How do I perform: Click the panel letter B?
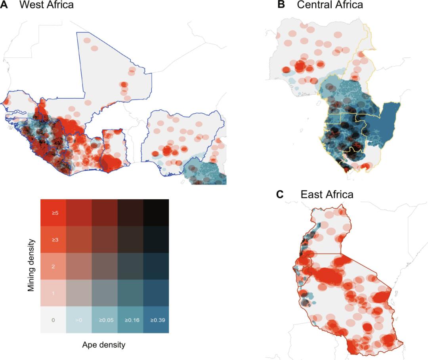click(281, 5)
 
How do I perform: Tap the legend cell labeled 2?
click(53, 266)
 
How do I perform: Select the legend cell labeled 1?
click(53, 293)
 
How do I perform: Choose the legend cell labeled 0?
click(53, 320)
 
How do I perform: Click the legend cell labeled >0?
click(79, 320)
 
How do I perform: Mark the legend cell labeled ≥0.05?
click(105, 320)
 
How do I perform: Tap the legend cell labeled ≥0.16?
click(130, 320)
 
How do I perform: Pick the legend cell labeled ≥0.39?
click(156, 320)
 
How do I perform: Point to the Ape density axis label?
click(104, 345)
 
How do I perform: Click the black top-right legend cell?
click(156, 213)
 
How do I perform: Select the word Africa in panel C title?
click(338, 194)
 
